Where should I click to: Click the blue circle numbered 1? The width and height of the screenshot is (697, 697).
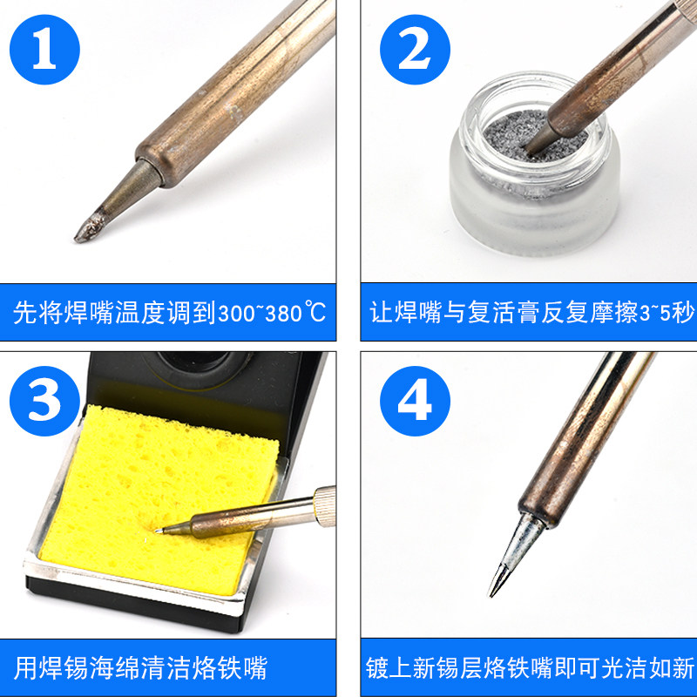point(44,50)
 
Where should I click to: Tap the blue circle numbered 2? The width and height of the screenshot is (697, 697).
point(415,50)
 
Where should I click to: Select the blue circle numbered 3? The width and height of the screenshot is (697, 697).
point(44,401)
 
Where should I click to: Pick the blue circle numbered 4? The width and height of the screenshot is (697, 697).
point(415,401)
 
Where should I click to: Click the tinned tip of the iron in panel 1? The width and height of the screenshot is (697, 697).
point(91,227)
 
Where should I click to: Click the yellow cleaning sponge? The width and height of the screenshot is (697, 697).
point(156,497)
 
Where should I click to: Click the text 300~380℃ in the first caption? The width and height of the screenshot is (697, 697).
point(272,313)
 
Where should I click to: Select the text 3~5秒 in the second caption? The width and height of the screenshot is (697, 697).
point(666,313)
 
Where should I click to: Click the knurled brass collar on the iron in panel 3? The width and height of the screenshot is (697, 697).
point(324,506)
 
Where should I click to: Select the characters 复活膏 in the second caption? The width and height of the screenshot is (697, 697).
point(504,313)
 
